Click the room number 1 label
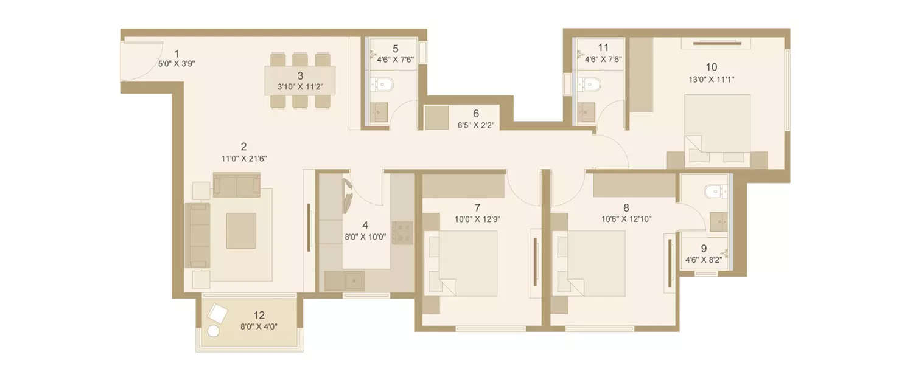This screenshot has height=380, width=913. pos(177,53)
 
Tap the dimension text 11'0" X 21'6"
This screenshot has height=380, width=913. pos(243,158)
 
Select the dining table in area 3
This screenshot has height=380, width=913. pos(300,80)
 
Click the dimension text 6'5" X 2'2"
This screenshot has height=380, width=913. pos(476,126)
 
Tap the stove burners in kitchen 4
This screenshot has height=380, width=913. pos(402,232)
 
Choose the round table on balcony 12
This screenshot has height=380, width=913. pos(214,331)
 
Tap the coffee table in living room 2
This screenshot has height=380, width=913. pos(241,230)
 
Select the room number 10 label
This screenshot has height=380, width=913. pos(712,67)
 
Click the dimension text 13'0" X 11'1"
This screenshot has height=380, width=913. pos(712,79)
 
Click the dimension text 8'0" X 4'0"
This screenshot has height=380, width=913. pos(259,326)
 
